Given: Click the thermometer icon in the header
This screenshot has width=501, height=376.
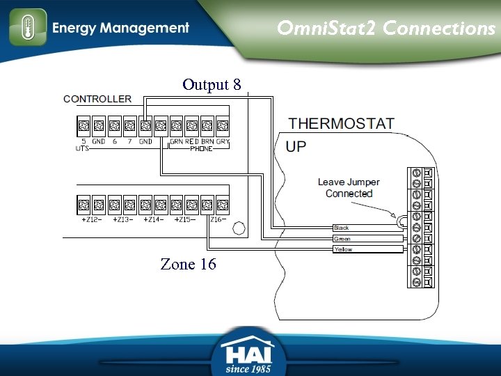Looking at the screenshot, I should click(x=28, y=28).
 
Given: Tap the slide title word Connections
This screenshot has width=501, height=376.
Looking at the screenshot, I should click(x=439, y=29).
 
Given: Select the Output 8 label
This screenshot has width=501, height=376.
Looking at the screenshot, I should click(x=212, y=85).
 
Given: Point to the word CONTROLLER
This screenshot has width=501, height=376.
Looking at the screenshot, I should click(x=97, y=99).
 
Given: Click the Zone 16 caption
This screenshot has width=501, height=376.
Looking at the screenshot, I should click(x=188, y=264).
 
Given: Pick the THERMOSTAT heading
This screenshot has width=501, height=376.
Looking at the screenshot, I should click(x=342, y=124).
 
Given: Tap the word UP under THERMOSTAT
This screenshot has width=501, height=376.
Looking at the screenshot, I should click(x=296, y=147).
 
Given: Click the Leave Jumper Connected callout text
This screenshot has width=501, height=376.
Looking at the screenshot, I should click(x=349, y=188).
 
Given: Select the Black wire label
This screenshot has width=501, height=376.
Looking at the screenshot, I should click(x=341, y=228).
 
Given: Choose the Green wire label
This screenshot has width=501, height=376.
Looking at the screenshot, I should click(x=342, y=239).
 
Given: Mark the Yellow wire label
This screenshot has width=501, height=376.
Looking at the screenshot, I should click(x=343, y=249).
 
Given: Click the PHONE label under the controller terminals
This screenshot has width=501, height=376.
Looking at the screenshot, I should click(x=202, y=148).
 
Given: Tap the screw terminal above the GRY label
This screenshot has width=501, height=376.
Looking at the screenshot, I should click(x=222, y=126).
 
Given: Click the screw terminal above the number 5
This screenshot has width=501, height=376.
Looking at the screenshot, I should click(x=83, y=126).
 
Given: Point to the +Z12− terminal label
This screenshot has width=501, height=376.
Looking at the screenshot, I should click(x=93, y=219).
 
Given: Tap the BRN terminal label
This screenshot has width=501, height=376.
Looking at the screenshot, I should click(x=207, y=141).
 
